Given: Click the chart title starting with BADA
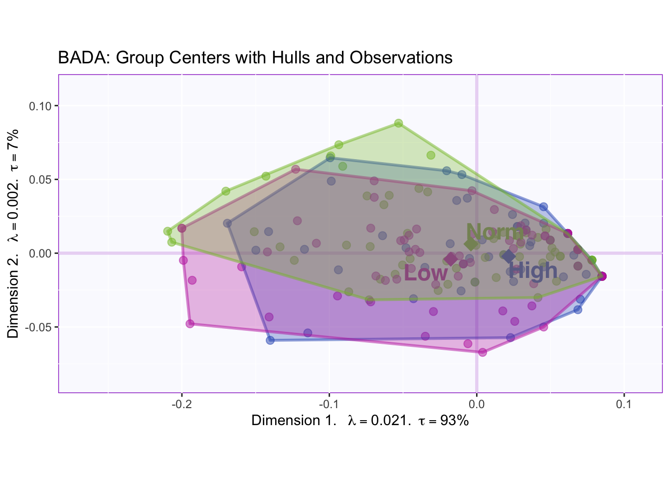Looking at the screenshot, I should tap(255, 58).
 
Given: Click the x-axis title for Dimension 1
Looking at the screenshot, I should tap(360, 421).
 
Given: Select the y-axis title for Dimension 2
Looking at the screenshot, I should tap(13, 234).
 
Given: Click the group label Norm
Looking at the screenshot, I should tap(495, 232).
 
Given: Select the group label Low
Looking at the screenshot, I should tap(426, 273).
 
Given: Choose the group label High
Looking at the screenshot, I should tap(533, 271).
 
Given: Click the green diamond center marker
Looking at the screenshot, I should tap(471, 244).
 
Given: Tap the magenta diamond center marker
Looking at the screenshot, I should tap(451, 259).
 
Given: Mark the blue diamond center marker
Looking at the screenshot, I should tap(508, 256).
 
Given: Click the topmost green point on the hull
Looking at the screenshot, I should tap(398, 123).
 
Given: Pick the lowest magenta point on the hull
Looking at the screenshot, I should tap(483, 352).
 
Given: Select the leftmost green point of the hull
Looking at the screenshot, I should tap(167, 232).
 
